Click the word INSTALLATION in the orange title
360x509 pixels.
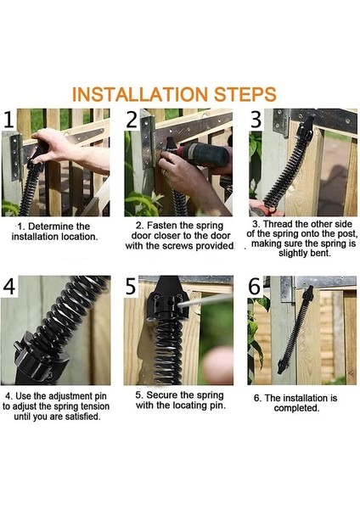tap(140, 94)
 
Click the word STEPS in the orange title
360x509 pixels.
tap(245, 94)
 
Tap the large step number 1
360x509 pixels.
tap(8, 119)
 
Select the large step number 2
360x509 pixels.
tap(132, 119)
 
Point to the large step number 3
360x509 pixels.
tap(256, 119)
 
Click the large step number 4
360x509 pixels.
tap(9, 287)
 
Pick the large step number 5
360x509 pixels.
tap(132, 287)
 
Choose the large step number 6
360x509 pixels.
tap(255, 287)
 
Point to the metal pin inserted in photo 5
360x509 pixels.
tap(204, 300)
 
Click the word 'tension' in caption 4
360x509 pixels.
tap(95, 406)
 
